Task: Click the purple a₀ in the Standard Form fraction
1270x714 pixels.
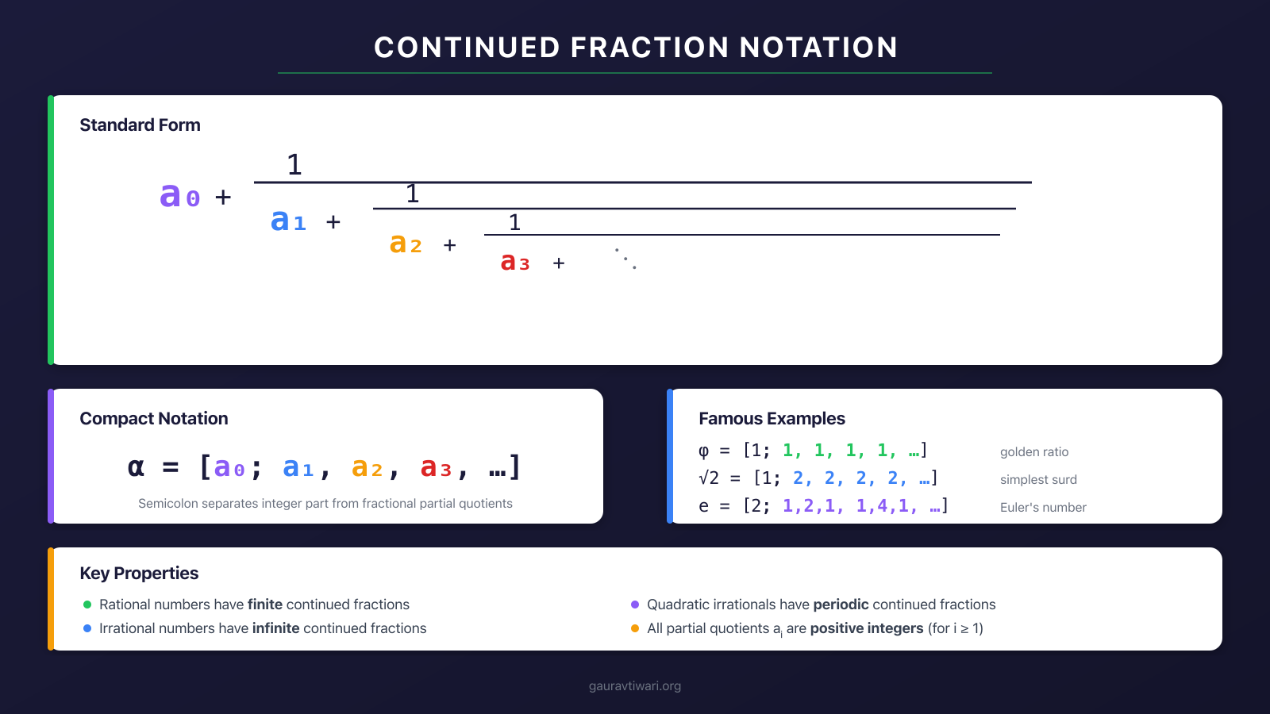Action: click(x=179, y=195)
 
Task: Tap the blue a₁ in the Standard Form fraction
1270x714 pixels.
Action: click(x=287, y=221)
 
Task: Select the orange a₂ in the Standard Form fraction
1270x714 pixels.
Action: click(x=405, y=244)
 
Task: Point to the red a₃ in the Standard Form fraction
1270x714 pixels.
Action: click(x=514, y=262)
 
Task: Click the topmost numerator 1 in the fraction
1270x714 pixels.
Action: click(x=294, y=165)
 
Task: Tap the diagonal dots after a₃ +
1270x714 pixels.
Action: click(x=625, y=258)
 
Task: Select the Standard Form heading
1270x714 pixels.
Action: click(x=140, y=125)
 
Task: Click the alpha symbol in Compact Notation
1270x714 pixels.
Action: click(x=136, y=467)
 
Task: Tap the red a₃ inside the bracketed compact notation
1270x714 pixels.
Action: click(x=435, y=468)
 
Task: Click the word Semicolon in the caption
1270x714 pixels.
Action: click(x=166, y=504)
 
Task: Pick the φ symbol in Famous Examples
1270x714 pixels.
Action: click(x=703, y=451)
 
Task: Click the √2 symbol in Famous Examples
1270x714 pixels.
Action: click(x=709, y=478)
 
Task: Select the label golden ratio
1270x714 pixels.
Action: click(x=1033, y=452)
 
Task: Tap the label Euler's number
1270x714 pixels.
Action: click(x=1042, y=508)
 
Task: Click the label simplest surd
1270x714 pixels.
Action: click(x=1037, y=480)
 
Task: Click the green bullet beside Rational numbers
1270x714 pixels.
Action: click(x=87, y=605)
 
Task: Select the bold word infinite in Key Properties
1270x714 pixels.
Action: click(x=275, y=628)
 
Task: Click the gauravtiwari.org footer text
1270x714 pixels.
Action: click(x=635, y=686)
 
